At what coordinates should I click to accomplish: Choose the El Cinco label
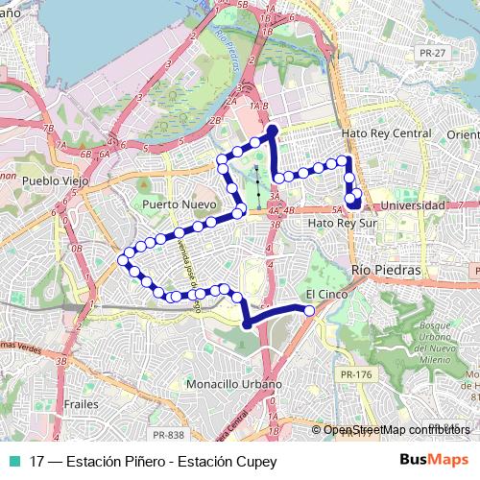(x=324, y=294)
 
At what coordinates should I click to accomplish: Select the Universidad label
(x=413, y=205)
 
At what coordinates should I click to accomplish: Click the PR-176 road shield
(x=356, y=374)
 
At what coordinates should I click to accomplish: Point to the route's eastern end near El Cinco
(x=309, y=310)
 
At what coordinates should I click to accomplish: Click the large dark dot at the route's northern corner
(x=272, y=130)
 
